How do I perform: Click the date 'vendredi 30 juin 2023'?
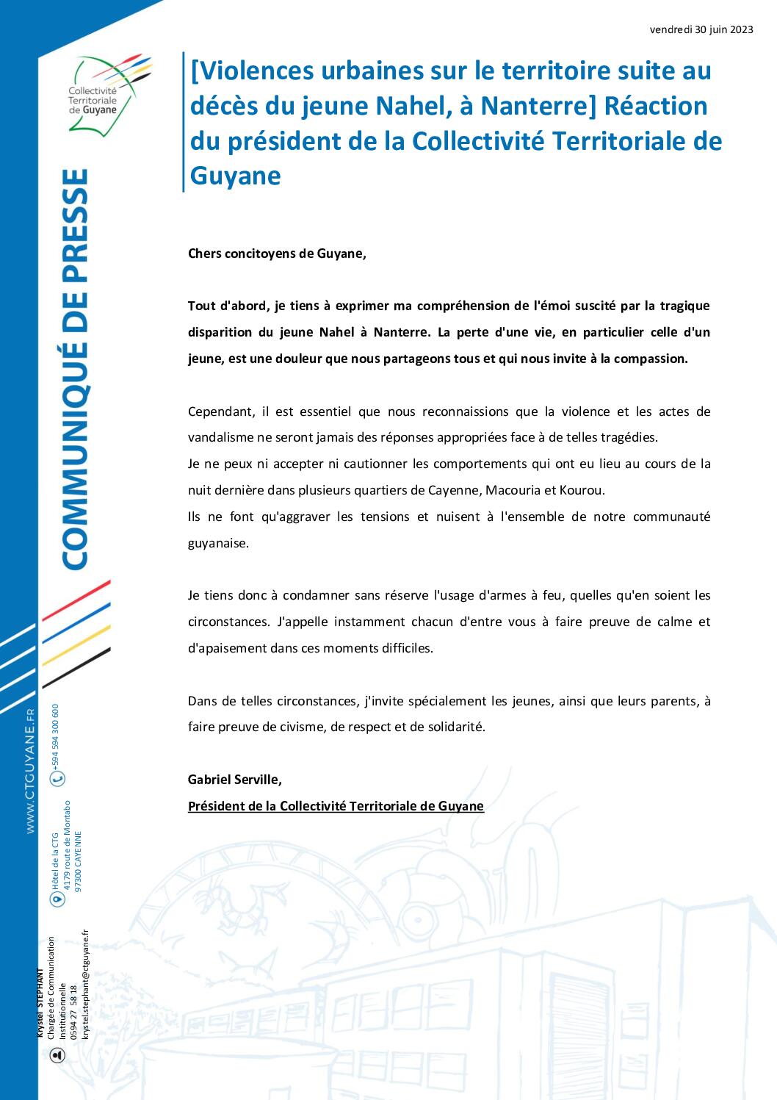pyautogui.click(x=701, y=30)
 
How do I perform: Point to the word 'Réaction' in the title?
pyautogui.click(x=655, y=106)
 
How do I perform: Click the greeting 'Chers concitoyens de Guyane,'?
pyautogui.click(x=276, y=254)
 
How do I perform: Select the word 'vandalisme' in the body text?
pyautogui.click(x=221, y=437)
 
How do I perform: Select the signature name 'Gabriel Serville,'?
pyautogui.click(x=234, y=779)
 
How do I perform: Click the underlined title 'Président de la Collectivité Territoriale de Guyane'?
pyautogui.click(x=336, y=806)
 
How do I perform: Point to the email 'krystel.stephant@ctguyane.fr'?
pyautogui.click(x=85, y=995)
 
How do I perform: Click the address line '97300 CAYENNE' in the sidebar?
pyautogui.click(x=79, y=861)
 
